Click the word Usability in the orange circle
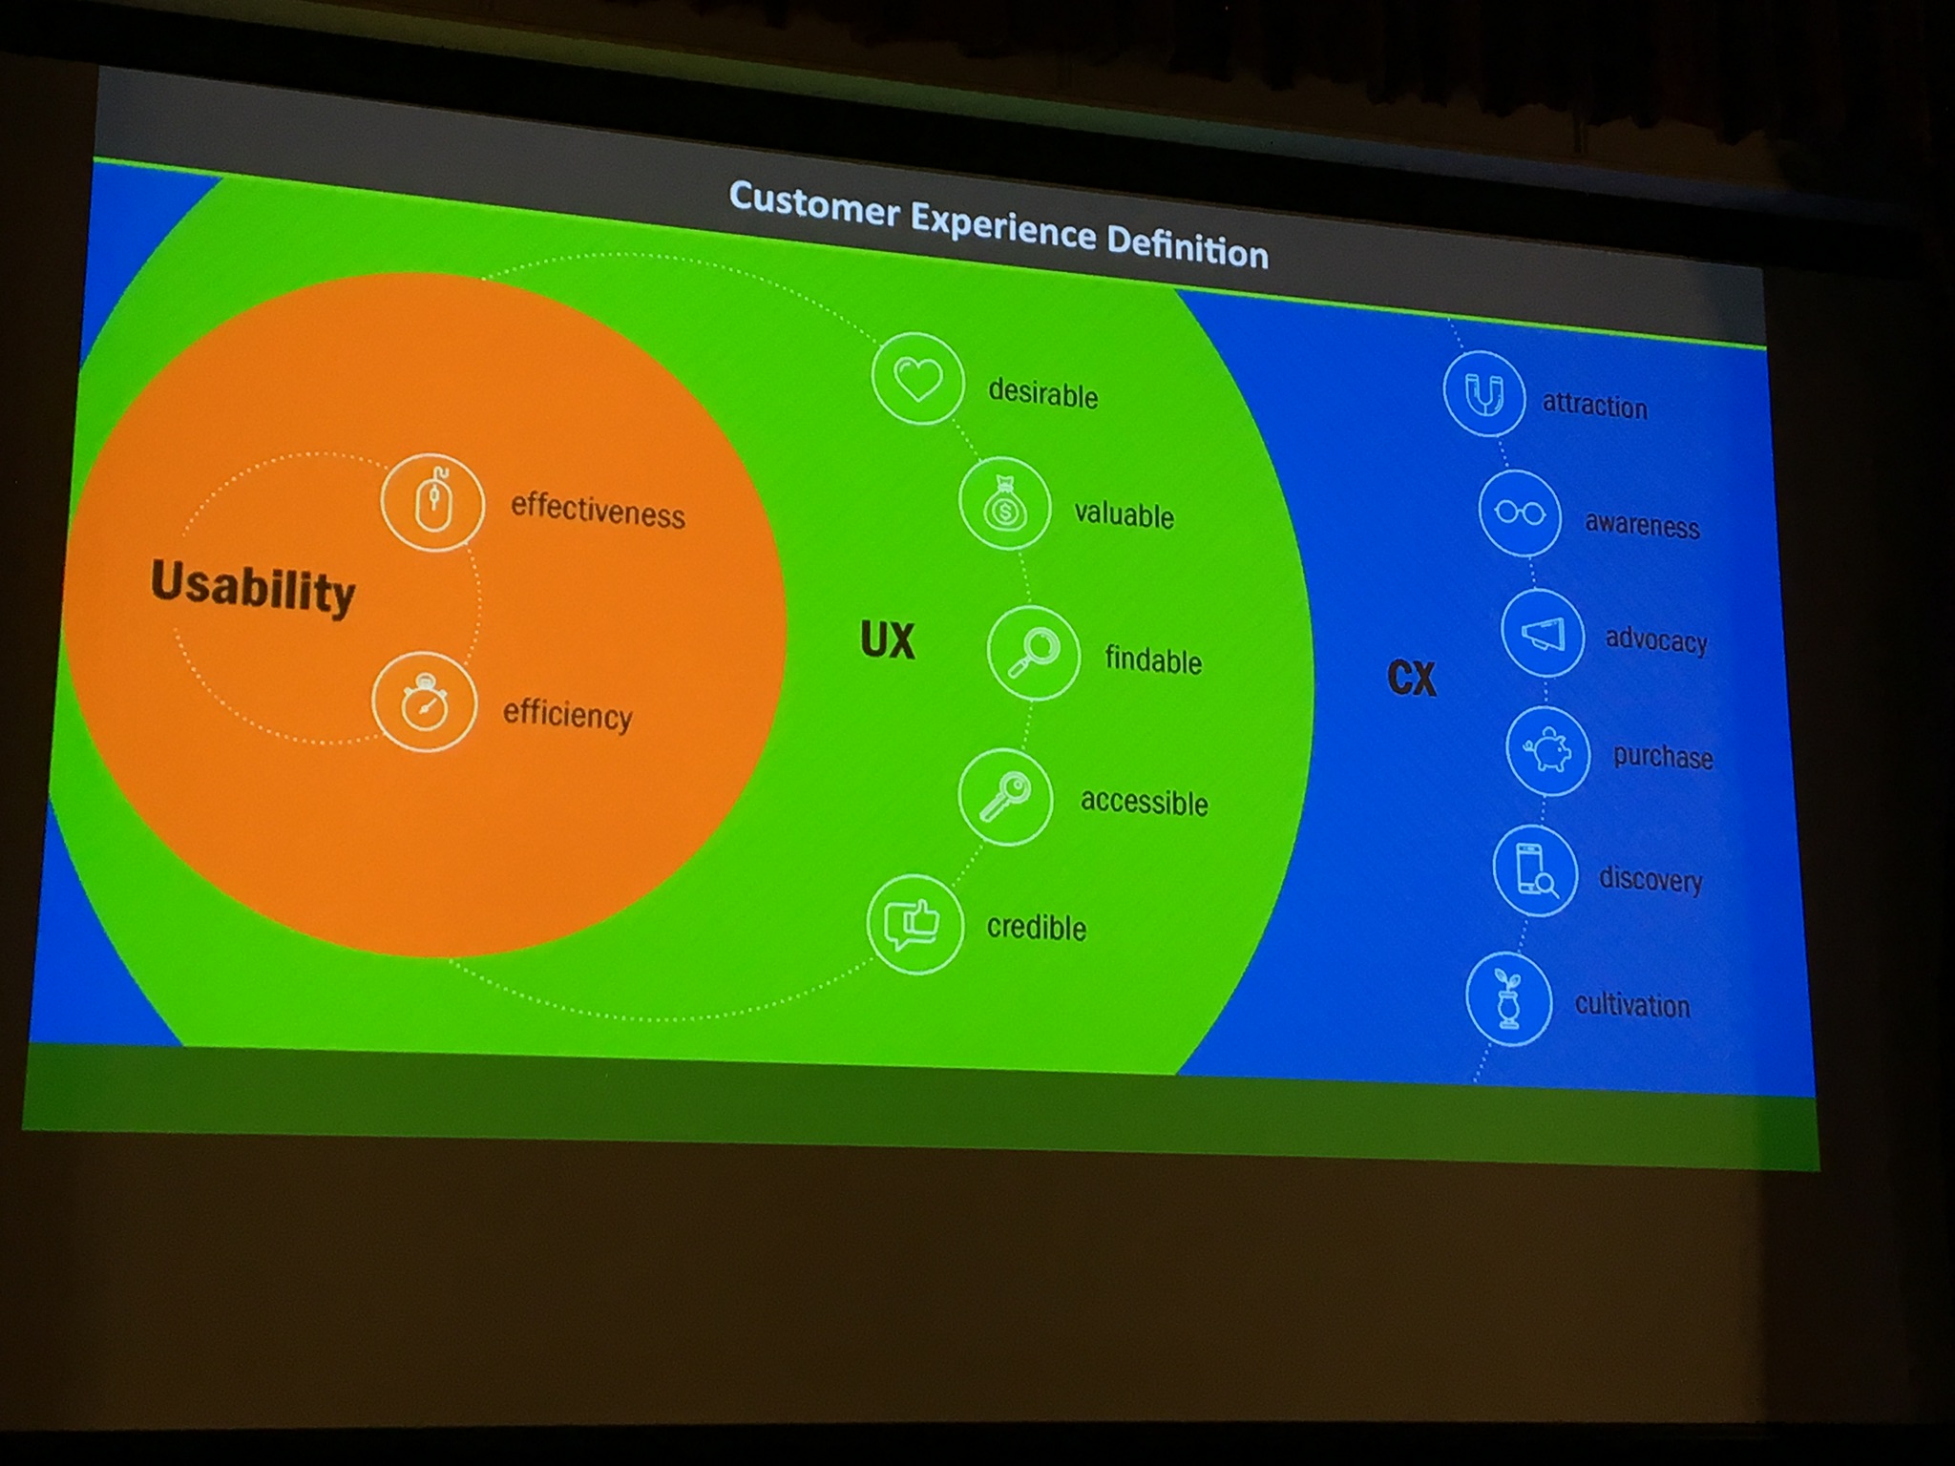coord(253,587)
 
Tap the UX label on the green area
coord(888,639)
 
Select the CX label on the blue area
coord(1411,678)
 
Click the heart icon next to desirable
coord(917,379)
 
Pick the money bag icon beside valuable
coord(1004,505)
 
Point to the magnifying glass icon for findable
coord(1034,654)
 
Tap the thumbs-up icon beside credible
coord(914,924)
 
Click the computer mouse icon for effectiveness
coord(432,502)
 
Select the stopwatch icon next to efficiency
coord(424,702)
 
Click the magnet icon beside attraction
coord(1483,393)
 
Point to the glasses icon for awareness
coord(1520,513)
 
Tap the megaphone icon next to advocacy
coord(1543,634)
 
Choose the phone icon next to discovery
coord(1535,870)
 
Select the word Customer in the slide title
coord(814,204)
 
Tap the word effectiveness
coord(598,510)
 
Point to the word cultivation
coord(1632,1004)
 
